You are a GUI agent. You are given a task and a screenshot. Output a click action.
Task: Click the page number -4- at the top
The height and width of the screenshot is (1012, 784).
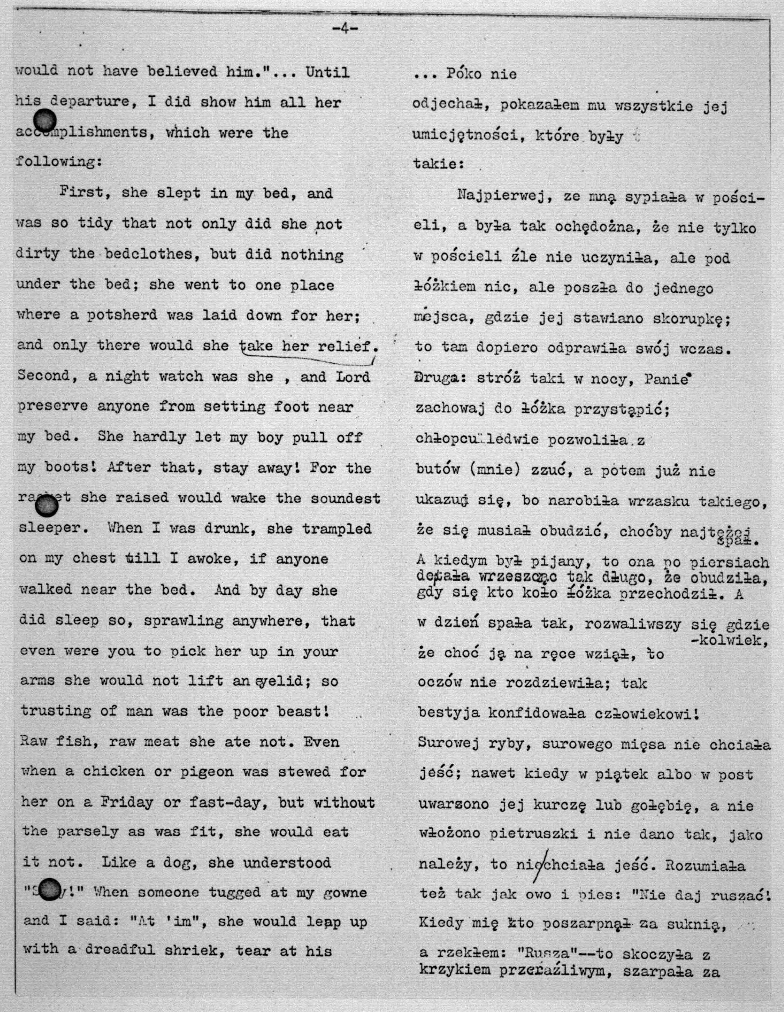(345, 29)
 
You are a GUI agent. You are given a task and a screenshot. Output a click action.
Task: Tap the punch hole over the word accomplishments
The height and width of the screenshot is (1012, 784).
(45, 121)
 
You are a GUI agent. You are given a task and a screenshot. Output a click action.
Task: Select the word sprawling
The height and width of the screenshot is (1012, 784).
(184, 621)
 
